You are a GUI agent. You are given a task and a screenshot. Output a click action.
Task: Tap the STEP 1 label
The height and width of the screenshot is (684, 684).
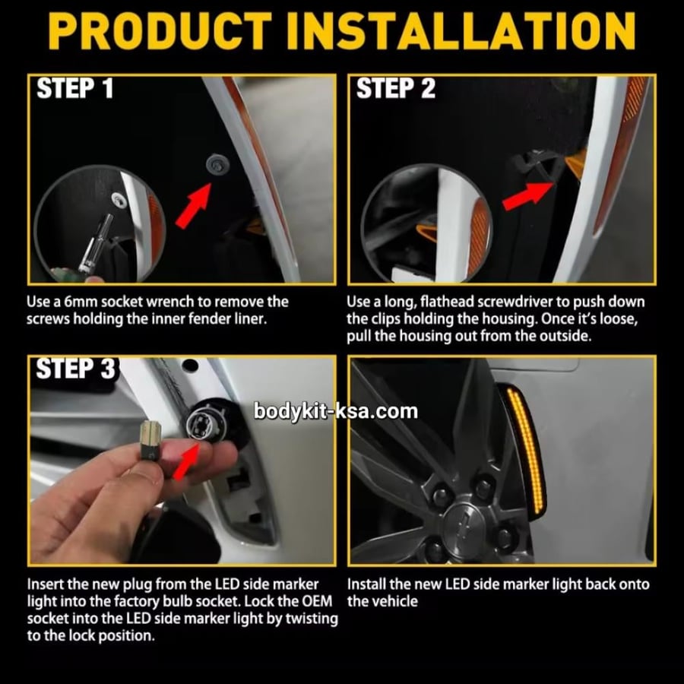(74, 88)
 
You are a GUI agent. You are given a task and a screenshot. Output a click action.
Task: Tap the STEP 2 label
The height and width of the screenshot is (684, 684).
(396, 88)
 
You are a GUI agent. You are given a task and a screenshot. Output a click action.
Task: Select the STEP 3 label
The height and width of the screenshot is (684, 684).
(75, 369)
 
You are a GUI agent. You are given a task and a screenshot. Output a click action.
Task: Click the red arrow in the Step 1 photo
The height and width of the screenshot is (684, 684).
(194, 205)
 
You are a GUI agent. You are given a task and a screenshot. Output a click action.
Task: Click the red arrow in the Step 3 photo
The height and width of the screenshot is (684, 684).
(186, 461)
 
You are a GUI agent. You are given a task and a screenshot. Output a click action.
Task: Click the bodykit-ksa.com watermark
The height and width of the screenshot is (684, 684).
(335, 411)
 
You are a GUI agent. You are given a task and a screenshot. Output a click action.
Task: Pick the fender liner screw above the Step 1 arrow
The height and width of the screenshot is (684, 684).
(214, 163)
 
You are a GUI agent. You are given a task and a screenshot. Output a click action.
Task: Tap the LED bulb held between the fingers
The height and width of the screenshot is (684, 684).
(150, 439)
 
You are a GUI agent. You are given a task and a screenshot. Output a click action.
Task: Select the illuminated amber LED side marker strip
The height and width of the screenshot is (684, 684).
(526, 450)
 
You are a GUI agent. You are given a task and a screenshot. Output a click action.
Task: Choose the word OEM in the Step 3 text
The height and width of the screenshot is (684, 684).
(317, 601)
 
